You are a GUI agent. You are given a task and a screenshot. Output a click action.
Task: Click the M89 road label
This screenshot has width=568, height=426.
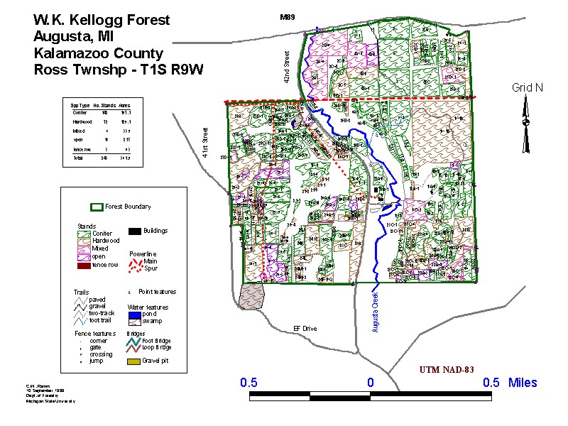pos(286,16)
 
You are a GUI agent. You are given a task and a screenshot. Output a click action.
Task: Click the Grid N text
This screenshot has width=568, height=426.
pos(527,87)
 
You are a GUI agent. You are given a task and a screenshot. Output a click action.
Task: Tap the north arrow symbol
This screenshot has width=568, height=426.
pos(526,126)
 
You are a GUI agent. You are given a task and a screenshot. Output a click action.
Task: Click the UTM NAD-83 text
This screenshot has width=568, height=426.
pos(446,371)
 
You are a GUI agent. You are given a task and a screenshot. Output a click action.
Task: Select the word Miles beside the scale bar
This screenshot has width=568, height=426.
pos(523,383)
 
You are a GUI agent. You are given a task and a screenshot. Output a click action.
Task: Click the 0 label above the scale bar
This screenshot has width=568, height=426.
pos(370,383)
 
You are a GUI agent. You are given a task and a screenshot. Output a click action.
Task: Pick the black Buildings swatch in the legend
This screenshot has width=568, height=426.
pos(133,231)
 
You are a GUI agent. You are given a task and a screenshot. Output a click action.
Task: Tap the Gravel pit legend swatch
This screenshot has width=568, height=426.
pos(133,361)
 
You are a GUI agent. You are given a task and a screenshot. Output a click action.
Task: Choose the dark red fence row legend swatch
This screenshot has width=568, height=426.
pos(84,265)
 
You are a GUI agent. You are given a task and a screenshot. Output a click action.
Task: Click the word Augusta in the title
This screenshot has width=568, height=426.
pos(62,36)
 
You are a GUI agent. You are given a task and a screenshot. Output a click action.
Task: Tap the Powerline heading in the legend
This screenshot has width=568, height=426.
pos(143,253)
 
